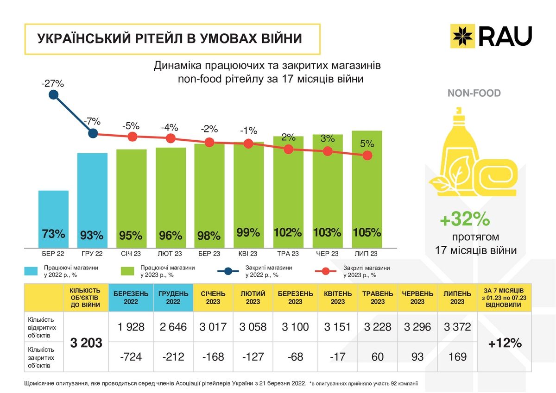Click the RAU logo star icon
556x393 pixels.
coord(463,36)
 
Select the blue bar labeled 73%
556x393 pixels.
coord(53,219)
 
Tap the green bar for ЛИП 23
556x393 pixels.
coord(367,190)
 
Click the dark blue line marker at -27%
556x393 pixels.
coord(53,95)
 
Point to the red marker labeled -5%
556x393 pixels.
coord(133,137)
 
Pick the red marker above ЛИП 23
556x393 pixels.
coord(367,156)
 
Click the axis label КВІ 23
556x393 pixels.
coord(248,254)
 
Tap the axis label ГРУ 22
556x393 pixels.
coord(92,254)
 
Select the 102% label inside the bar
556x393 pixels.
coord(288,232)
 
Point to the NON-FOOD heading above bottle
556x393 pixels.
coord(474,93)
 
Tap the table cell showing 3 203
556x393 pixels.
coord(86,343)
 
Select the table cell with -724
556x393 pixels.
coord(131,357)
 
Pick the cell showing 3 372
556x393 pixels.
coord(457,327)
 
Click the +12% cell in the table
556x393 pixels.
coord(505,343)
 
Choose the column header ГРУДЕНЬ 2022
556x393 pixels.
coord(173,298)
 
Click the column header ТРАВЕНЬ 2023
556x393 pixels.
coord(378,298)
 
